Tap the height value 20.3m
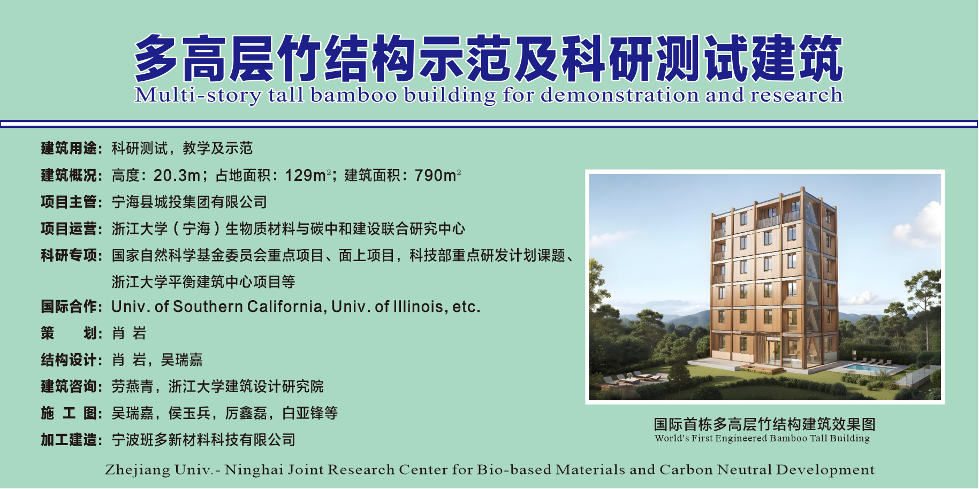pyautogui.click(x=177, y=175)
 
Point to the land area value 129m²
pyautogui.click(x=308, y=175)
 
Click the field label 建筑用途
pyautogui.click(x=69, y=148)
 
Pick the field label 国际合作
pyautogui.click(x=69, y=307)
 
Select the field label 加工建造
pyautogui.click(x=69, y=440)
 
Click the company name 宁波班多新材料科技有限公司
pyautogui.click(x=203, y=440)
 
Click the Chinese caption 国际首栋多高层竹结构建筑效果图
pyautogui.click(x=764, y=424)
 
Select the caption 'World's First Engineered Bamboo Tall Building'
pyautogui.click(x=762, y=438)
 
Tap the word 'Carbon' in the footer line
pyautogui.click(x=686, y=470)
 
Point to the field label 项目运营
pyautogui.click(x=69, y=228)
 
